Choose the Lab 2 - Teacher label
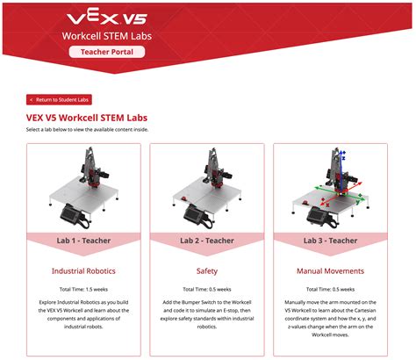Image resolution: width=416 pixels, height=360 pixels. pos(207,240)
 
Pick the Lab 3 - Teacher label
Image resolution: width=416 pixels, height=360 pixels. pos(330,240)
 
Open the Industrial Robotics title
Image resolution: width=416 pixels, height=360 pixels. pos(84,271)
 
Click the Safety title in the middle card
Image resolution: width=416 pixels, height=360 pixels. pos(207,271)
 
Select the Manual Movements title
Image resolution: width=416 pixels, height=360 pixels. pos(330,271)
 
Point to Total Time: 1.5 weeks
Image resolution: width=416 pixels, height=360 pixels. pos(84,289)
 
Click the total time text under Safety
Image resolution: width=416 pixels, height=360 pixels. pos(207,289)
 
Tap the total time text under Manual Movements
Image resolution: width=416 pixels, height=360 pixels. pos(330,289)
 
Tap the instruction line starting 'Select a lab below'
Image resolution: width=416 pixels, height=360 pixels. pos(88,129)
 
